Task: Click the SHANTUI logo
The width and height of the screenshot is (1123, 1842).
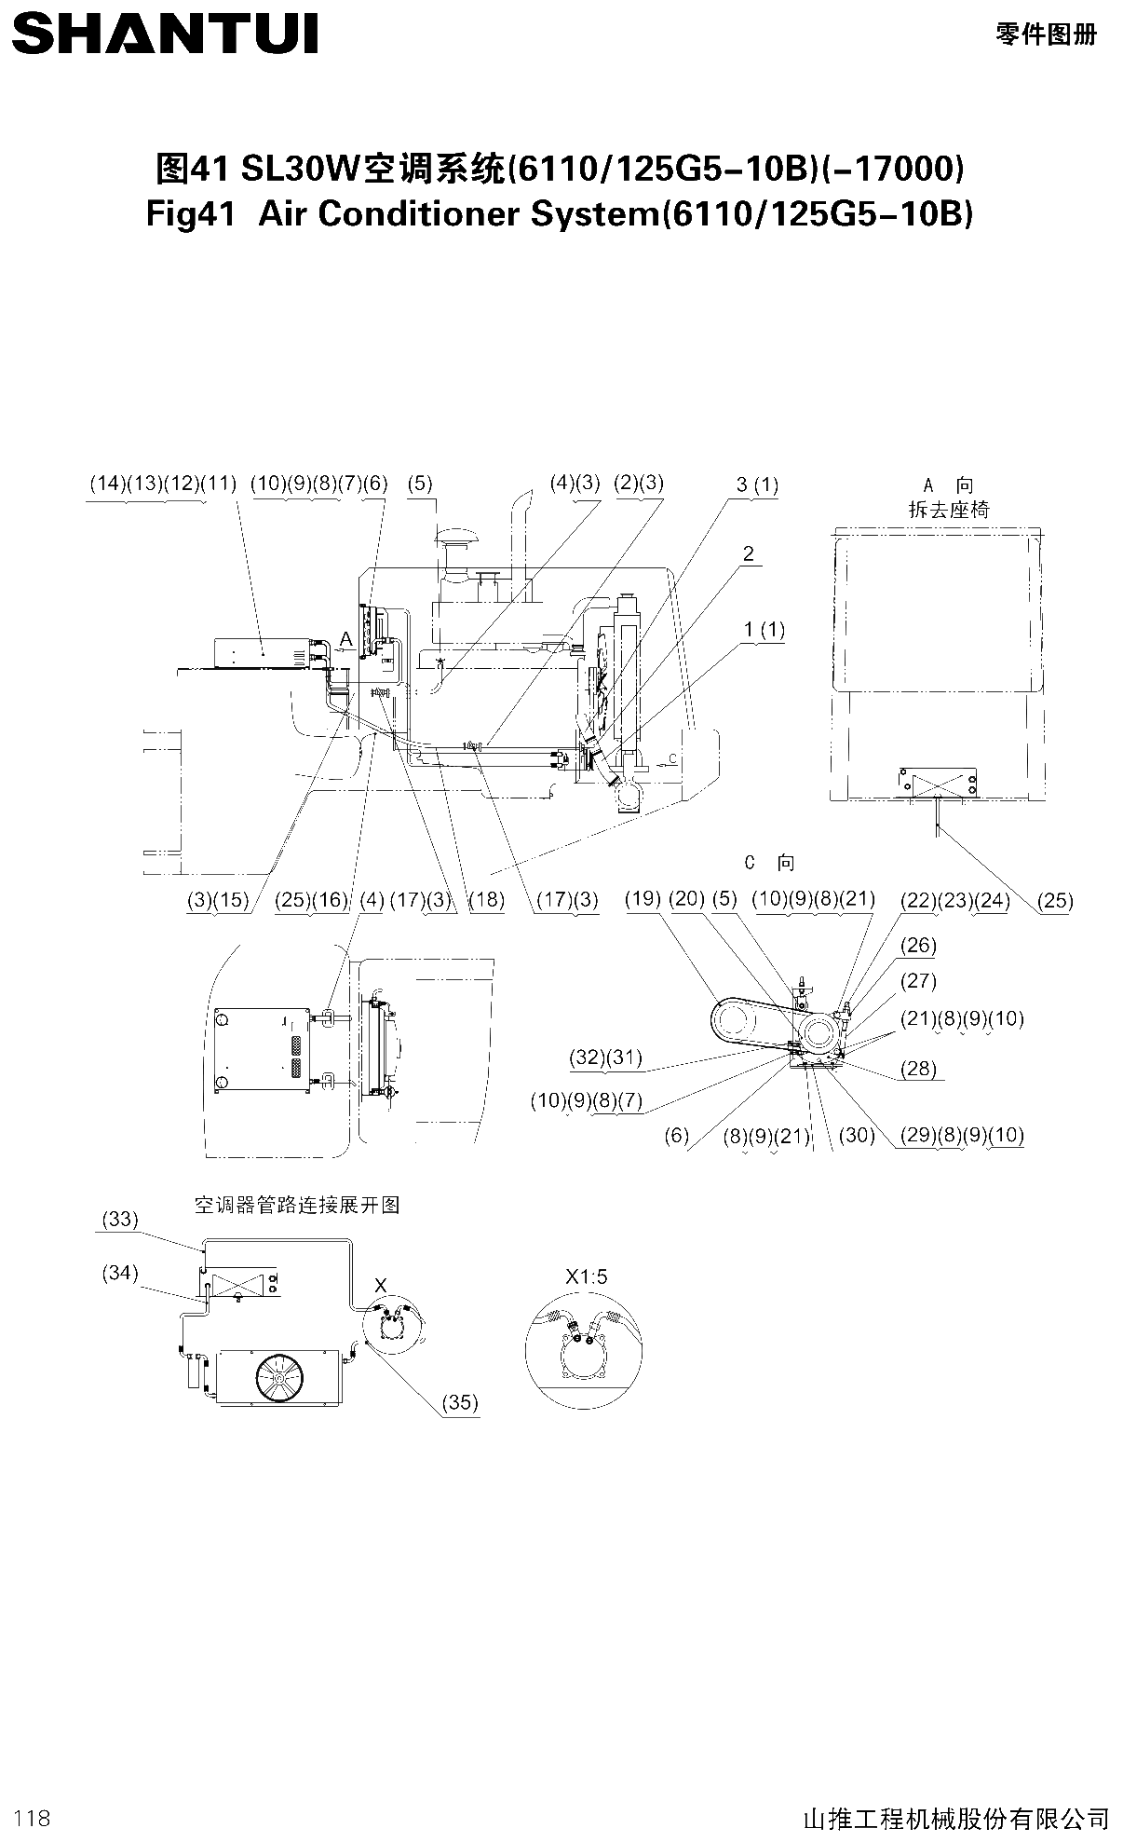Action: [x=166, y=34]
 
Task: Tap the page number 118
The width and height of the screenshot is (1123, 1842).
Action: [x=33, y=1817]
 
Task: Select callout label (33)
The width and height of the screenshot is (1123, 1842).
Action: [x=120, y=1219]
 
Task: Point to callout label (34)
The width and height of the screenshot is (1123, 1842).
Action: [x=120, y=1273]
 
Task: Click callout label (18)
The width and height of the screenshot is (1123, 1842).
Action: [x=486, y=900]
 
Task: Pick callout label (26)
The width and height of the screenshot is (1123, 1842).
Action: [x=918, y=946]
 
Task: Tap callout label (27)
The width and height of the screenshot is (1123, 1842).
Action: [x=918, y=981]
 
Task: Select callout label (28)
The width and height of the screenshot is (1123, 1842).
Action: [x=918, y=1069]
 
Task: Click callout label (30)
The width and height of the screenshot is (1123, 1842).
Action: [x=857, y=1135]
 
